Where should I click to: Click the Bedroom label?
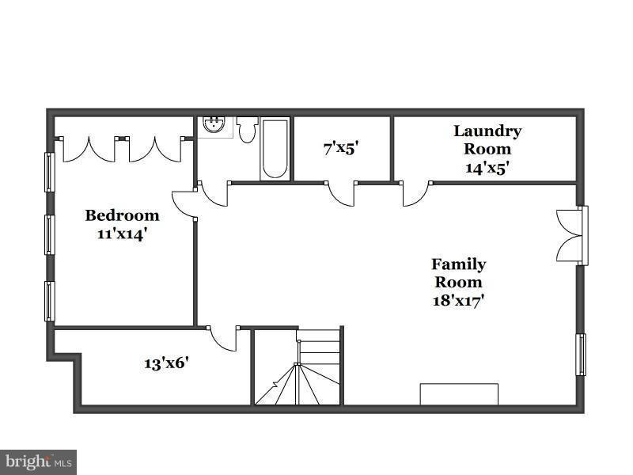pyautogui.click(x=122, y=215)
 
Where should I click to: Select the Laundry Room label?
pyautogui.click(x=487, y=139)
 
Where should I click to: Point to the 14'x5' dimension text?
pyautogui.click(x=487, y=167)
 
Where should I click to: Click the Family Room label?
pyautogui.click(x=458, y=273)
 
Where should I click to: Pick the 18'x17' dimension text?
pyautogui.click(x=457, y=300)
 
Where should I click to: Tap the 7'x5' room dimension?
pyautogui.click(x=342, y=147)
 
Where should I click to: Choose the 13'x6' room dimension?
pyautogui.click(x=166, y=363)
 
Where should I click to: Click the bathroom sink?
pyautogui.click(x=213, y=124)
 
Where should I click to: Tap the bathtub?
pyautogui.click(x=275, y=149)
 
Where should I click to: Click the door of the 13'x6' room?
pyautogui.click(x=224, y=339)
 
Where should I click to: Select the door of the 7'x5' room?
pyautogui.click(x=342, y=194)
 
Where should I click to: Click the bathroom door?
pyautogui.click(x=214, y=194)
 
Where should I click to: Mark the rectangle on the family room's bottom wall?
pyautogui.click(x=459, y=394)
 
